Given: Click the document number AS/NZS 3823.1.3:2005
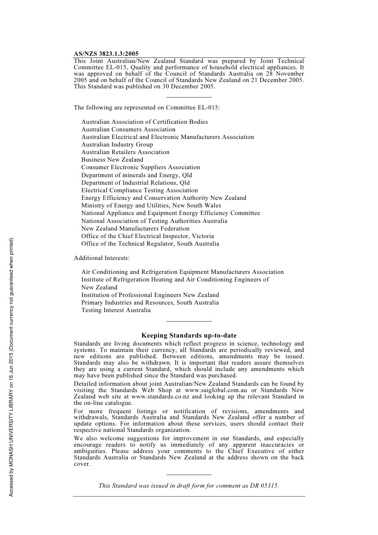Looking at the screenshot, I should [106, 54].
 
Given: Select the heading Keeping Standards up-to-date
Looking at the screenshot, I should [189, 336].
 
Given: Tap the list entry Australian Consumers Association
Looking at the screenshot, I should [128, 129].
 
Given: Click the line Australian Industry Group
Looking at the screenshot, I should [117, 144].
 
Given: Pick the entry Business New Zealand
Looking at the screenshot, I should [112, 160].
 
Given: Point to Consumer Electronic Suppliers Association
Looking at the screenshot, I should [140, 167].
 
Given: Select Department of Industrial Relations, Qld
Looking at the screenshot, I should [135, 183].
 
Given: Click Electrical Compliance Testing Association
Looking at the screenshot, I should [139, 190].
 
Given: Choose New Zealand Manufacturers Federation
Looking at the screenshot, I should [135, 228].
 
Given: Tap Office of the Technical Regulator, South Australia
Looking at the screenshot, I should [150, 244].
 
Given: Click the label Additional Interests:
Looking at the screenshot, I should [101, 258].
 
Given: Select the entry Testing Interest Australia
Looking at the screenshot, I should [116, 310].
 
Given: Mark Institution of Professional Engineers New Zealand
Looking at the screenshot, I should [150, 295].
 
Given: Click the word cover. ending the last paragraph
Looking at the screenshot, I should [82, 464].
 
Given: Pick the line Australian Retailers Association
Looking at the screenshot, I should [125, 152].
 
